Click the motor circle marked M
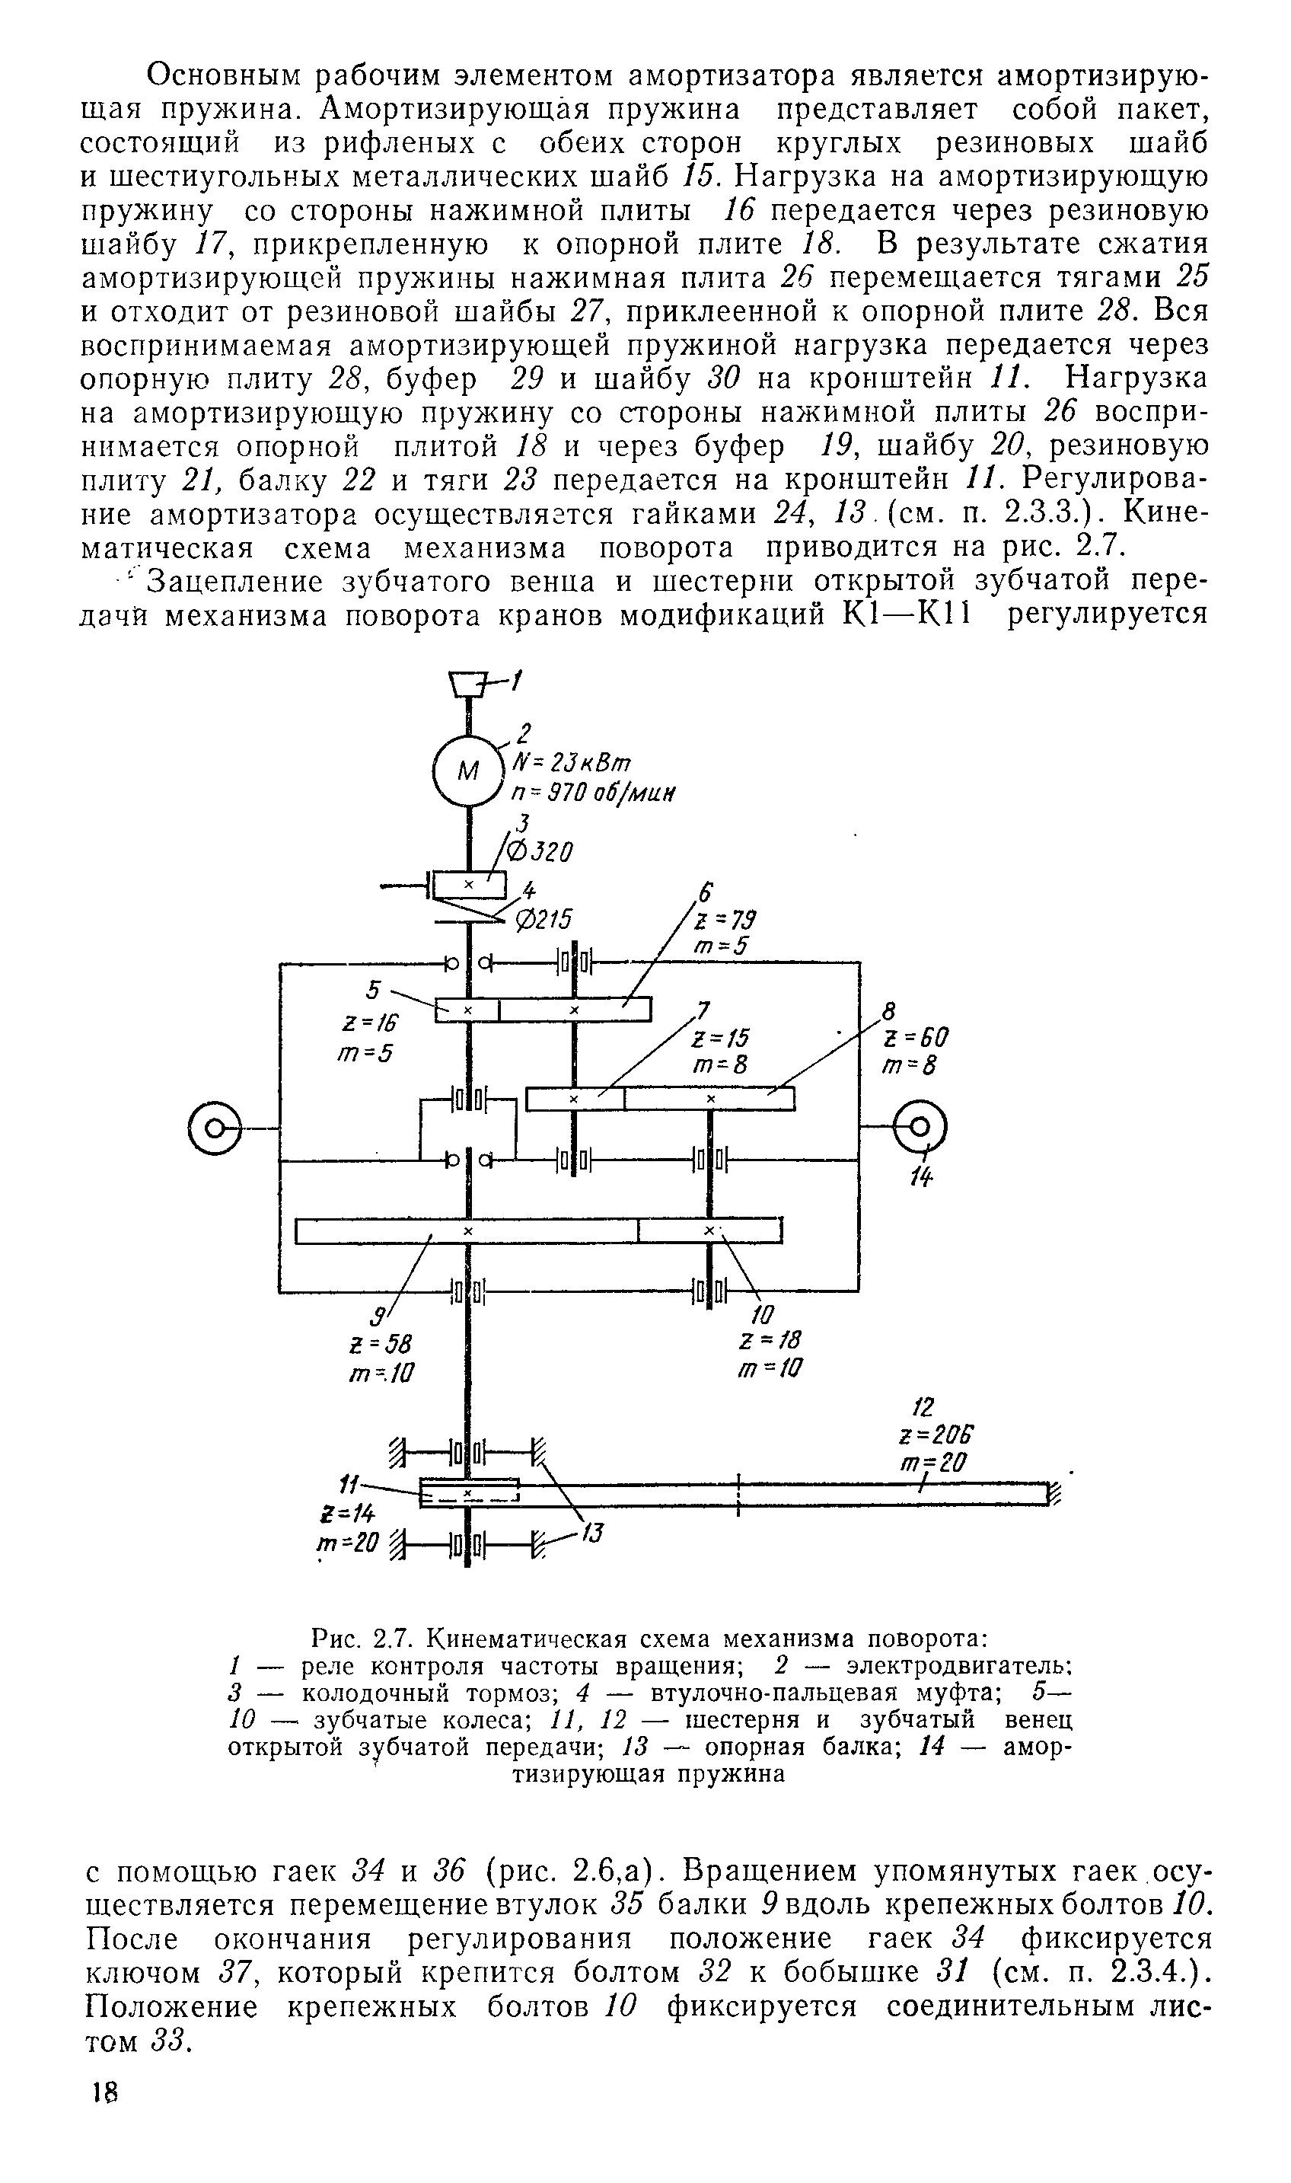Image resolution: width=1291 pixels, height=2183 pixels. pos(468,770)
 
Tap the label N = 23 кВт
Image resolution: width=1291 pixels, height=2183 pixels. pos(572,762)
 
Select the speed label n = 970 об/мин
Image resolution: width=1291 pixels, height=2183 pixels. pos(595,793)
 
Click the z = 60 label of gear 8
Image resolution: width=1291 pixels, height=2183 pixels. pos(914,1037)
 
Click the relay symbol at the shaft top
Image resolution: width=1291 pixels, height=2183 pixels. pos(469,684)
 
